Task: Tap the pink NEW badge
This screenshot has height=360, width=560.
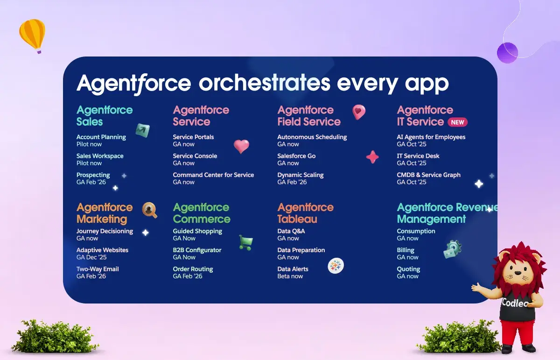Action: point(457,122)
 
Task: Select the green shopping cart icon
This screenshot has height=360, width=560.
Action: point(246,242)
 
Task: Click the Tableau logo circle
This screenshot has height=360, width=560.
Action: point(336,266)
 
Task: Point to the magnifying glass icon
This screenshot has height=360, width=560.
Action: point(149,210)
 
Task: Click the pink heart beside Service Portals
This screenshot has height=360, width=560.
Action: point(241,146)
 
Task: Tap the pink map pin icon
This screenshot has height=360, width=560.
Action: point(359,112)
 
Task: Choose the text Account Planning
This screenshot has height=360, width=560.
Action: point(101,137)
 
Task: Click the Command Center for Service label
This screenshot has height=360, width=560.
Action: point(213,175)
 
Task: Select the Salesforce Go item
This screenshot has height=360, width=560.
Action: point(296,156)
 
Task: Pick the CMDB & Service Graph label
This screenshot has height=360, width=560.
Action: point(428,175)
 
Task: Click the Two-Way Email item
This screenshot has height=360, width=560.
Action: point(98,269)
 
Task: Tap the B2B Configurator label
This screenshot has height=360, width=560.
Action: point(197,250)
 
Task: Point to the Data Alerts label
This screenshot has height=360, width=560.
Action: point(293,269)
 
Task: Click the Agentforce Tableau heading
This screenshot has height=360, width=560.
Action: point(305,213)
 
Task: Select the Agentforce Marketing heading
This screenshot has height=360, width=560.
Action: point(105,213)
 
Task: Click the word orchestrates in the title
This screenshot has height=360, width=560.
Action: point(265,83)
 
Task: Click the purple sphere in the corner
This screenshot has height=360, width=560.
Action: point(507,53)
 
